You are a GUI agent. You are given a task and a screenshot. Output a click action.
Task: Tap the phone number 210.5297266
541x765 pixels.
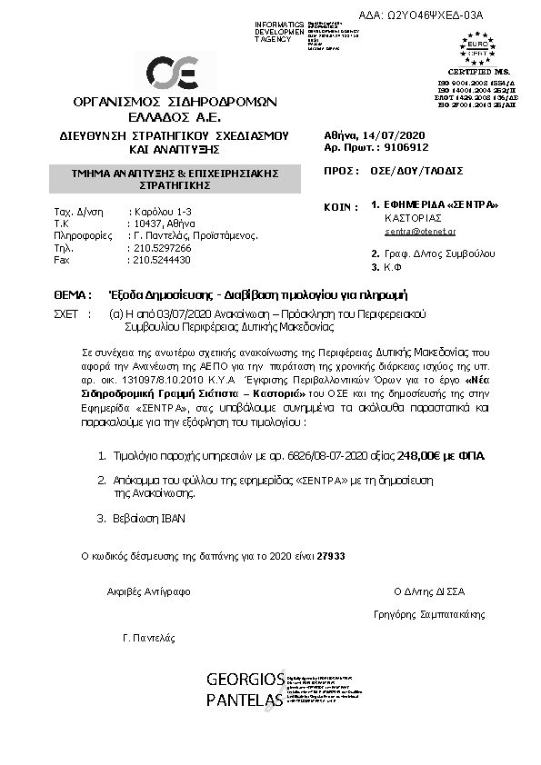click(x=160, y=247)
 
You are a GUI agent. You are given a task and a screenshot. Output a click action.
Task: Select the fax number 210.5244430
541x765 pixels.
click(x=160, y=259)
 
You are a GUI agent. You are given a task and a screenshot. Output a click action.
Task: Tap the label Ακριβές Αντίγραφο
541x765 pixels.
click(x=148, y=591)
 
